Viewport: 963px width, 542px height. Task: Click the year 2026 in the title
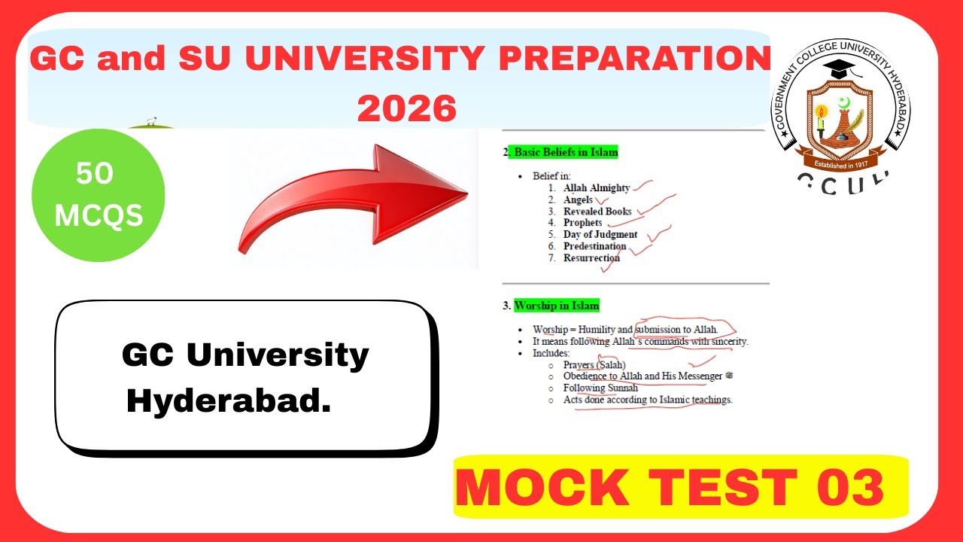[x=407, y=108]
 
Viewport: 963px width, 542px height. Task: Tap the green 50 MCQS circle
[x=99, y=195]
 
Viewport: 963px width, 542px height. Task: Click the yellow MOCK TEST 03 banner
[x=681, y=487]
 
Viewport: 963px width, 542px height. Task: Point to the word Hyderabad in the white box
[x=229, y=401]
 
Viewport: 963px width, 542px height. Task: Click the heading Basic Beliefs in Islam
[x=566, y=152]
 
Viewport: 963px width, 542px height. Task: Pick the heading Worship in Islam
[x=556, y=306]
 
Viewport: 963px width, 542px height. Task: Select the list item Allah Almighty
[x=597, y=188]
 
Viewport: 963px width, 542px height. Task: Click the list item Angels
[x=578, y=199]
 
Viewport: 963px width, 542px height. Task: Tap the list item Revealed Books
[x=597, y=212]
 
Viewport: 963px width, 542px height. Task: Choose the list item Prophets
[x=582, y=223]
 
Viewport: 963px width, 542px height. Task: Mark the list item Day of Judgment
[x=600, y=234]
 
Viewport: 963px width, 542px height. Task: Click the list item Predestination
[x=594, y=246]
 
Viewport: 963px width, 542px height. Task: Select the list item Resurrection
[x=591, y=257]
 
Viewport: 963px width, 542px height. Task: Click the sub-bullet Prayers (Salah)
[x=594, y=365]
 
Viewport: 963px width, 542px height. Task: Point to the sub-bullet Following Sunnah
[x=600, y=388]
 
